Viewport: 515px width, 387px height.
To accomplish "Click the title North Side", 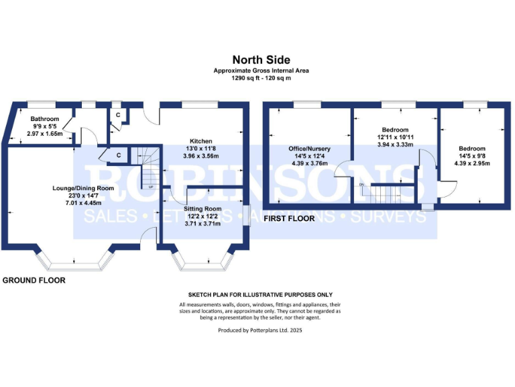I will click(x=257, y=60).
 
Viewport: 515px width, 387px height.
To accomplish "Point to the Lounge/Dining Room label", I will click(x=83, y=188).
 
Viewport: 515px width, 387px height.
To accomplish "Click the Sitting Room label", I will click(x=202, y=209).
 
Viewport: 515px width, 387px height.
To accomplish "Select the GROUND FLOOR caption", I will click(x=34, y=279).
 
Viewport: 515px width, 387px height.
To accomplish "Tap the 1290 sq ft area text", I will click(x=257, y=78).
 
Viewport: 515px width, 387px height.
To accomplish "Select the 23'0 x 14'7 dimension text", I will click(x=83, y=196).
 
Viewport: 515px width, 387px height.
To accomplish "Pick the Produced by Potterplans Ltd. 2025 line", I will click(x=257, y=331).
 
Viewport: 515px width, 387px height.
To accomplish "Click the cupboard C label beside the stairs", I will click(x=119, y=155).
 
